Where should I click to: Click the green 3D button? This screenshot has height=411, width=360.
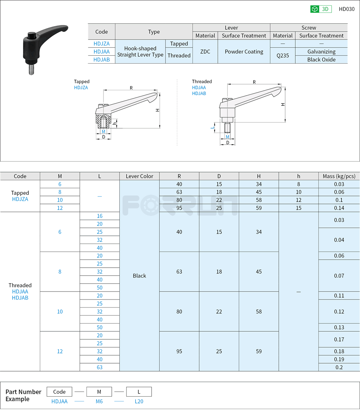pos(321,9)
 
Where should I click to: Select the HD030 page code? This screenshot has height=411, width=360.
pos(346,9)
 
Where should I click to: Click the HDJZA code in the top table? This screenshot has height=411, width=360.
pos(102,44)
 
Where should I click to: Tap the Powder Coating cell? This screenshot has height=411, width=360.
pos(244,52)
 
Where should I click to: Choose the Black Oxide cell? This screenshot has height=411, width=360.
pos(321,60)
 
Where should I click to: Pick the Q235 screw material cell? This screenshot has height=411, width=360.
pos(283,55)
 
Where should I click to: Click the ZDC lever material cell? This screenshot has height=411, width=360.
pos(205,52)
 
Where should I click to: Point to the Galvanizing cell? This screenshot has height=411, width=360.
pos(321,52)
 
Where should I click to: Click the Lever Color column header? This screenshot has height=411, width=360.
pos(139,176)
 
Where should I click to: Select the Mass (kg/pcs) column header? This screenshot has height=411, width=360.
pos(339,176)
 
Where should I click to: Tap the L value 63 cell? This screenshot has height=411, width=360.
pos(100,367)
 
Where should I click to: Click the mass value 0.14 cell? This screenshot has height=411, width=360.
pos(339,208)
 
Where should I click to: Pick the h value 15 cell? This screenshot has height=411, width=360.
pos(299,208)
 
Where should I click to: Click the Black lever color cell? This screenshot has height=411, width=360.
pos(139,276)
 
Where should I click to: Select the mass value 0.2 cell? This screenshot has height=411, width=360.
pos(339,367)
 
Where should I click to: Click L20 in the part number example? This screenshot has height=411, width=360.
pos(139,401)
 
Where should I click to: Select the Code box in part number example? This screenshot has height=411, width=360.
pos(59,392)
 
